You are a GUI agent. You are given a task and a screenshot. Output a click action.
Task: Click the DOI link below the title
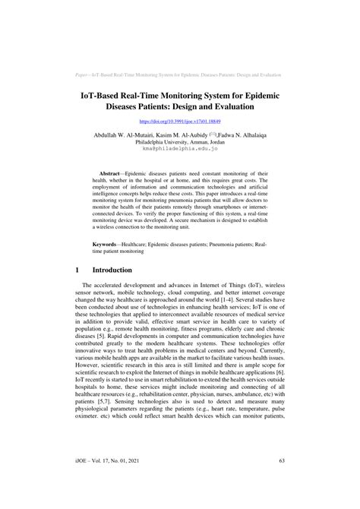pyautogui.click(x=179, y=121)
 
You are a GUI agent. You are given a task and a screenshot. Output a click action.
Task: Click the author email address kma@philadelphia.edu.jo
pyautogui.click(x=180, y=149)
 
